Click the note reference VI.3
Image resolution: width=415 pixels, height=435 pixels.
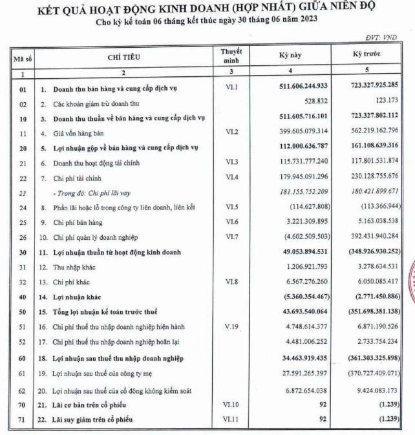[232, 164]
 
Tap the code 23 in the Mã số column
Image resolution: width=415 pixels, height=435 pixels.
[22, 192]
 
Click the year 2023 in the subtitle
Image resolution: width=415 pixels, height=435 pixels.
[306, 20]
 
